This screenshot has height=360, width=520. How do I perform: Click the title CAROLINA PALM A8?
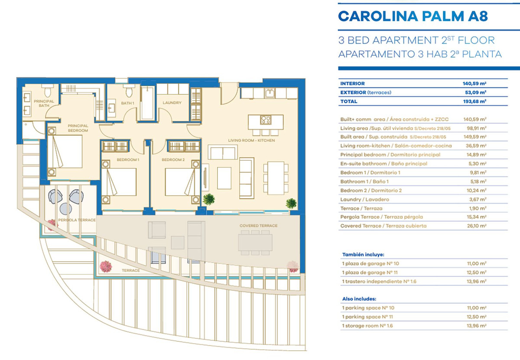coord(413,16)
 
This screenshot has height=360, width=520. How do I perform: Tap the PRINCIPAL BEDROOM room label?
coord(78,128)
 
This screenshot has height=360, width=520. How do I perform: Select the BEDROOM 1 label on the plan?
coord(128,160)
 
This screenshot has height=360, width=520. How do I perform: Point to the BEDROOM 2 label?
coord(173,160)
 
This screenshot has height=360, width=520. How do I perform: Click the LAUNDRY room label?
coord(172,103)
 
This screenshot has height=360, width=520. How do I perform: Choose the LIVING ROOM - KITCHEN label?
coord(251,140)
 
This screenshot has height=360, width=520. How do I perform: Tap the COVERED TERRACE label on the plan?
coord(258,226)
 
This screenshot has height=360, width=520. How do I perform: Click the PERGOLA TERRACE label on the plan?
coord(77,220)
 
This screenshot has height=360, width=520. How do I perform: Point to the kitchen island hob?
coord(265,120)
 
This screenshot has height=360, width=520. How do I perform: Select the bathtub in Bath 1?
coord(147,103)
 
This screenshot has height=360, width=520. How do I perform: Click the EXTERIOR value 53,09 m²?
coord(476,92)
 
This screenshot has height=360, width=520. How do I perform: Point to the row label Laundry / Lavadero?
coord(365,199)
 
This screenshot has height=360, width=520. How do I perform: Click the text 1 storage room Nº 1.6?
coord(369,325)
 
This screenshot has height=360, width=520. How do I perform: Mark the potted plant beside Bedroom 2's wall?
coord(209,199)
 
